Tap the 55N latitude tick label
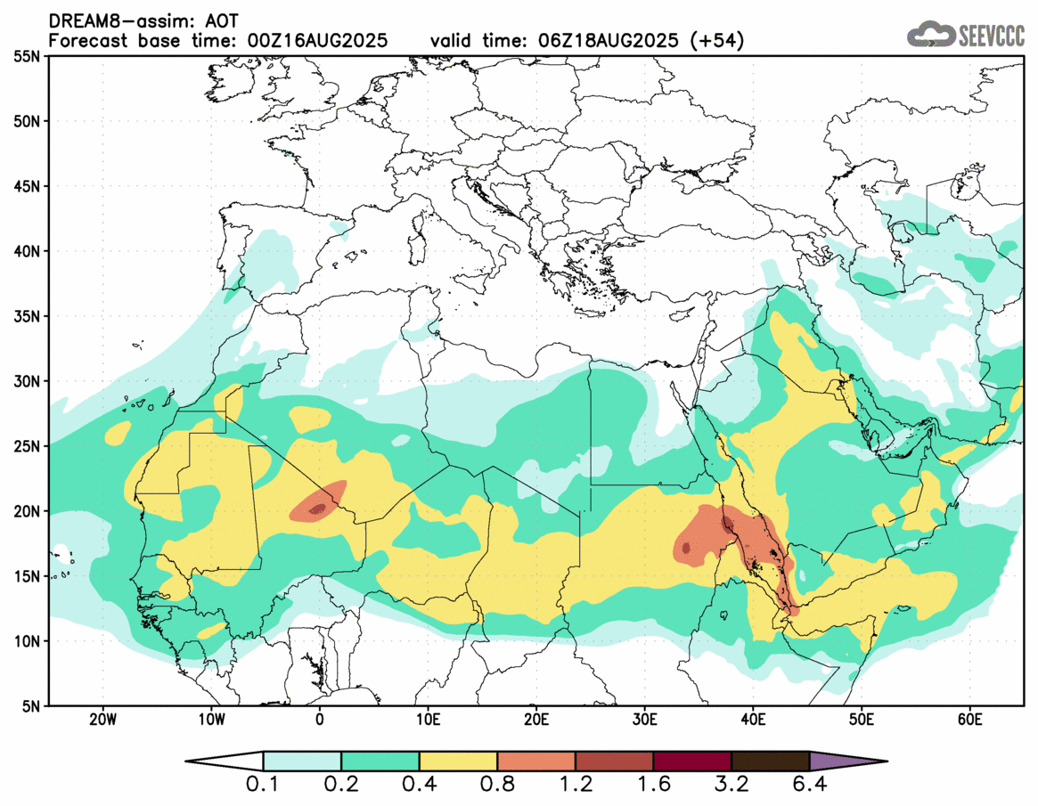[x=26, y=56]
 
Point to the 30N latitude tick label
[x=26, y=381]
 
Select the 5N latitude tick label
[x=30, y=706]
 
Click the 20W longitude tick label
[x=102, y=719]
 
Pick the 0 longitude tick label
[x=320, y=719]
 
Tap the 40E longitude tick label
[x=753, y=719]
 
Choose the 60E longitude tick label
[x=969, y=719]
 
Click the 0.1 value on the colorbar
[x=264, y=785]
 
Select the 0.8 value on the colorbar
[x=497, y=785]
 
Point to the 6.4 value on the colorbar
[x=809, y=785]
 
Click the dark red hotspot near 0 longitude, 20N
[x=317, y=509]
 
